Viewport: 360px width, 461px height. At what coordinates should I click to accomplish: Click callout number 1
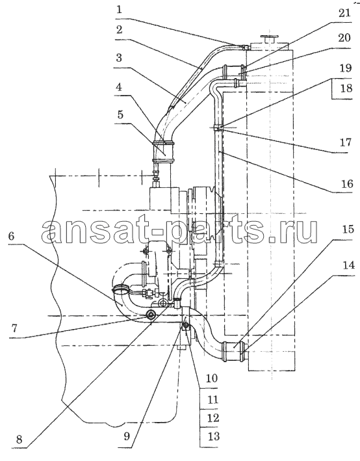119,10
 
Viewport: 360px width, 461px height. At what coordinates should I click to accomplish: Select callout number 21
344,13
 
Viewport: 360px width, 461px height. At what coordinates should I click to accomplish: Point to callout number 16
346,184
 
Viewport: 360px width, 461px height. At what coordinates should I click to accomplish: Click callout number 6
11,236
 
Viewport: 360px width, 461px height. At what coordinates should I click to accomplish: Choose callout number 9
127,436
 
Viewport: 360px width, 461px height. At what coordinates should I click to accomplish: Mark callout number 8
19,440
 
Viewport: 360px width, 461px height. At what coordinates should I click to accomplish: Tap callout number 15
348,229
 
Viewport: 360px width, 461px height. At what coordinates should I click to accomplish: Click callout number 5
120,114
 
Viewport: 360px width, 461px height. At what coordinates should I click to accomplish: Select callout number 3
119,58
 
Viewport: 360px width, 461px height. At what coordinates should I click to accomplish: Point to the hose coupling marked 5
163,151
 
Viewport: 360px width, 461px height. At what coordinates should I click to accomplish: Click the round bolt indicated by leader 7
151,315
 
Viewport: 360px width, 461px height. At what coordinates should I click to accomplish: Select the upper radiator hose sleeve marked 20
234,72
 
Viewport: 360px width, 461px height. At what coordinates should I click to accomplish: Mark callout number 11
212,400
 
